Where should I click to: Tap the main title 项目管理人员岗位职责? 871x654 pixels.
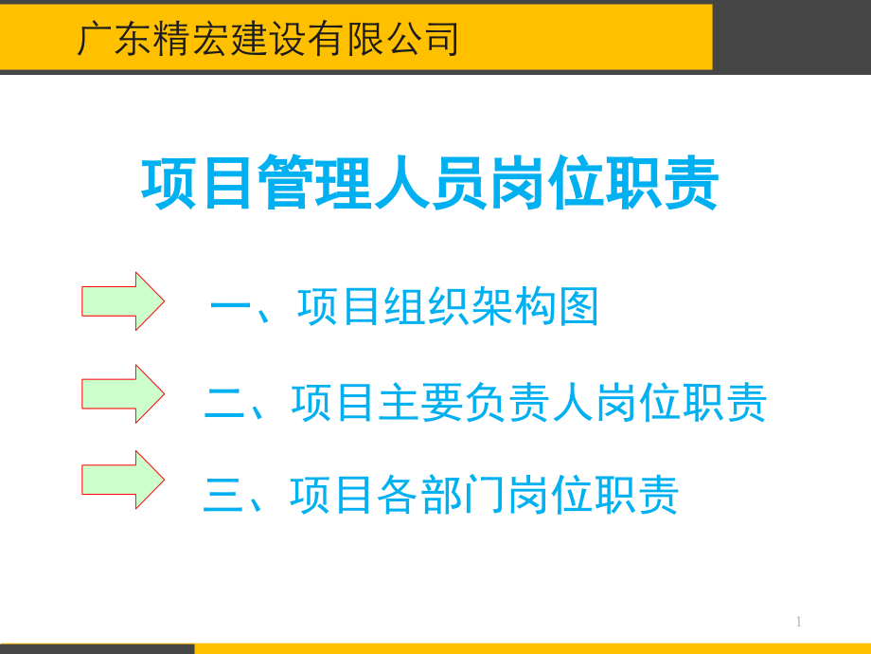[x=430, y=184]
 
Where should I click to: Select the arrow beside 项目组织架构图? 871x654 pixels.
[x=122, y=301]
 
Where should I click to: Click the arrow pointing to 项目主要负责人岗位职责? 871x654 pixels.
[x=122, y=393]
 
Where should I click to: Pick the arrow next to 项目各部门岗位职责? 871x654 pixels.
[x=122, y=480]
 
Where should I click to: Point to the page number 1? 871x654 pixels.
[x=798, y=622]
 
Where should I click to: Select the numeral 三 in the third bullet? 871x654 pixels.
[x=224, y=496]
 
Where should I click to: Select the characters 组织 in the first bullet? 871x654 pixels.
[x=426, y=308]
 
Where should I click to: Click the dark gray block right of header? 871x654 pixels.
[x=791, y=36]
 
